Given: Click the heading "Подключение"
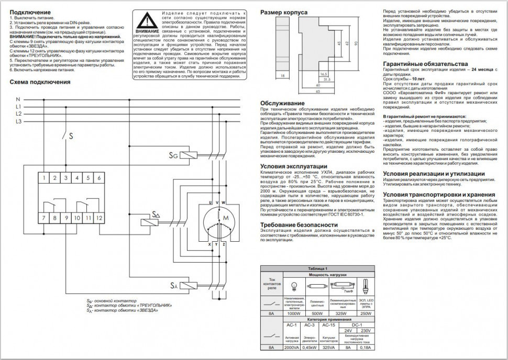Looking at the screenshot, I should pos(30,12).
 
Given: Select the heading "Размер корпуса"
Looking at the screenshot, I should pos(284,12).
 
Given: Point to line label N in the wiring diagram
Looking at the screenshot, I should pos(18,99).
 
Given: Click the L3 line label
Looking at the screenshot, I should pos(18,121).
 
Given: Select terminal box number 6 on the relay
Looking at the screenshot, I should pos(99,178).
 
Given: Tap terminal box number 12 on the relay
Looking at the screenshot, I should pos(99,216).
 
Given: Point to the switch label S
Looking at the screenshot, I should pos(71,135).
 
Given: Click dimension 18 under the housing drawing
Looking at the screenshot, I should pos(283,76).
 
